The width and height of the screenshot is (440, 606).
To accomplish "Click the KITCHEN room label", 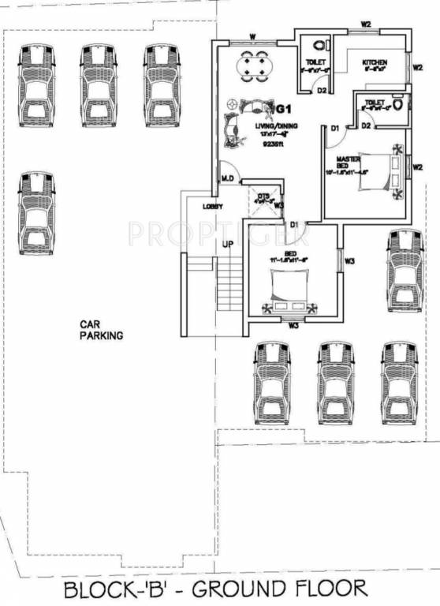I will pos(374,62).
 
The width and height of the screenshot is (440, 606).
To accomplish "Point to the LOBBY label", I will pos(213,206).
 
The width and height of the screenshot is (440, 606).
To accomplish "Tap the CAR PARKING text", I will pos(101,329).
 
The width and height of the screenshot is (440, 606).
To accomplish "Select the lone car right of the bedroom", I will pos(405,271).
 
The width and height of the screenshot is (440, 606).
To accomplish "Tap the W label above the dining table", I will pos(252,36).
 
